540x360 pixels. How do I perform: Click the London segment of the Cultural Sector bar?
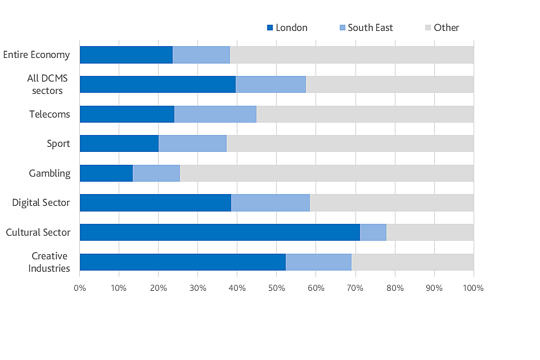tap(219, 232)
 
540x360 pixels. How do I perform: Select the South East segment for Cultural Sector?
tap(373, 232)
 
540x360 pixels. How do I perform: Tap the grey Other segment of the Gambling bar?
tap(326, 173)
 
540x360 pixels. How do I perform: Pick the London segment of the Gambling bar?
tap(106, 173)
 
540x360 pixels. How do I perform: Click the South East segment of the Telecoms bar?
tap(215, 114)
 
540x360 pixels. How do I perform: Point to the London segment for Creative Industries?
tap(182, 262)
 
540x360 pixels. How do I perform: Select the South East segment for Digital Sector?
tap(270, 202)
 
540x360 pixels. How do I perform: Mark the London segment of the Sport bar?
tap(119, 143)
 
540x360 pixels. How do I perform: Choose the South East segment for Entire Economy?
tap(201, 55)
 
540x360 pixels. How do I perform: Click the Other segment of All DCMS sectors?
tap(389, 84)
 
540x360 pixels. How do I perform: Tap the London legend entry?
tap(287, 28)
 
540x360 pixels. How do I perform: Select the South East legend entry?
tap(366, 28)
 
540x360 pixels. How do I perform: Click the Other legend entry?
tap(442, 28)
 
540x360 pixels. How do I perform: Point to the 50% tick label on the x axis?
tap(276, 289)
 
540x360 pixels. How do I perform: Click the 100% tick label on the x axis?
tap(473, 289)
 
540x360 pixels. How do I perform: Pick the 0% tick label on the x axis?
tap(80, 289)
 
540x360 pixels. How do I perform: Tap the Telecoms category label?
tap(49, 114)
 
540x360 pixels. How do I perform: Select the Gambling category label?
tap(49, 173)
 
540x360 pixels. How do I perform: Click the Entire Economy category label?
tap(37, 55)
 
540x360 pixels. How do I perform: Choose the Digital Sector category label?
tap(41, 202)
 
